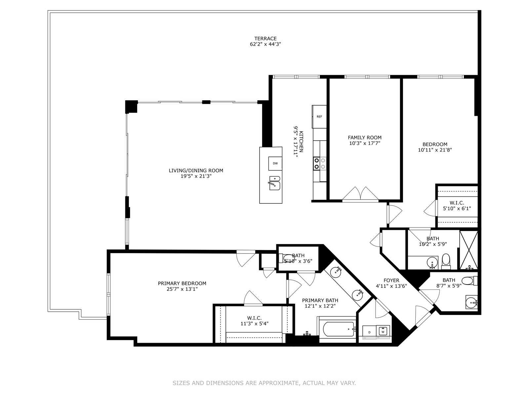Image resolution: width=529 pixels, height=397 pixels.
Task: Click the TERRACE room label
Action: click(x=265, y=39)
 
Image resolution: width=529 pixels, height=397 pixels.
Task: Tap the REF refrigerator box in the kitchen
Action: click(x=319, y=117)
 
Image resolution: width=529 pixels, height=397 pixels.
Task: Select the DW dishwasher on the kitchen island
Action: click(x=275, y=163)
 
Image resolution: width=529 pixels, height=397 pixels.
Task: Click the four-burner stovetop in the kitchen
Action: click(x=320, y=163)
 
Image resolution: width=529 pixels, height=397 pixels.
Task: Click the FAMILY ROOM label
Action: click(x=365, y=138)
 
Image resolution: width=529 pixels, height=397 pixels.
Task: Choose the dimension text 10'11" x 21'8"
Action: click(x=435, y=150)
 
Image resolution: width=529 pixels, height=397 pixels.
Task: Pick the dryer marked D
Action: click(x=369, y=332)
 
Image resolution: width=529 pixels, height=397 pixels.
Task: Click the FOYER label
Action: click(x=391, y=280)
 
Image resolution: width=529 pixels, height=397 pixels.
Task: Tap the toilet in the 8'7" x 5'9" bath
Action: click(x=469, y=281)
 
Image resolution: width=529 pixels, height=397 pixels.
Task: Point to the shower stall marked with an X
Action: click(x=468, y=250)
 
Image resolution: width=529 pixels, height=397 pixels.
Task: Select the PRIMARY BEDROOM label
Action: click(x=182, y=284)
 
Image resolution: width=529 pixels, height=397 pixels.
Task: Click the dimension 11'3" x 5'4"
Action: click(x=254, y=324)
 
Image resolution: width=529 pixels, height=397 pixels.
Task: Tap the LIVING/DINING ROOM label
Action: click(x=196, y=171)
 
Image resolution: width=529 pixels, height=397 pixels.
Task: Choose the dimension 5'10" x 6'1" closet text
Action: click(x=457, y=208)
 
